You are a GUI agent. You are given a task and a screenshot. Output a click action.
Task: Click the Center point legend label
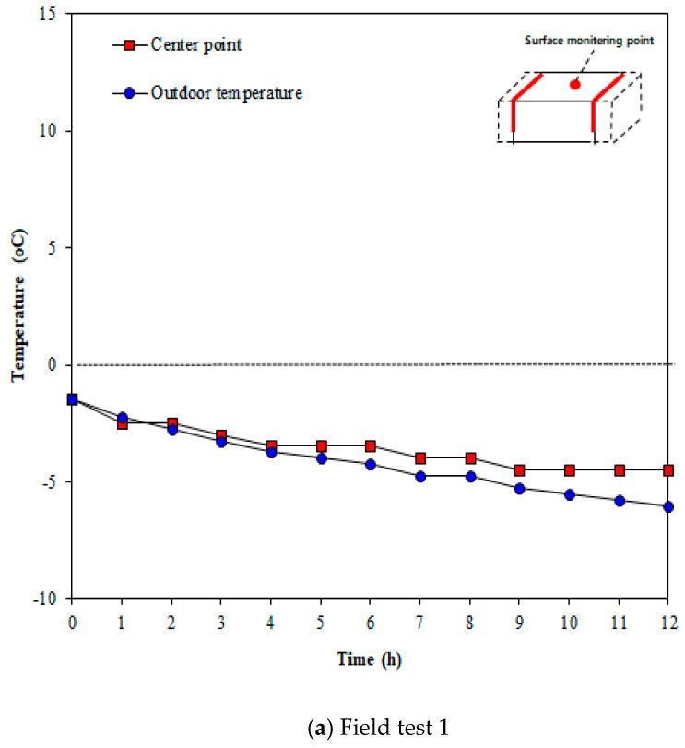[196, 44]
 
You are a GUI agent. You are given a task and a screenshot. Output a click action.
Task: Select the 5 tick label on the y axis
[53, 248]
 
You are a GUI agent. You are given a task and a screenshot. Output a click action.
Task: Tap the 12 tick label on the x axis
[668, 623]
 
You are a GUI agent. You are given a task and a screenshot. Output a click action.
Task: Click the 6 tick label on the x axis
[371, 623]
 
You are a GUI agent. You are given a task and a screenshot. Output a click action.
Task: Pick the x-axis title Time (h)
[369, 659]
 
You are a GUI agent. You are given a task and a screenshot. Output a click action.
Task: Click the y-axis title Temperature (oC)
[17, 306]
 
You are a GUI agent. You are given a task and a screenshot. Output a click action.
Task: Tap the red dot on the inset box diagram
[574, 84]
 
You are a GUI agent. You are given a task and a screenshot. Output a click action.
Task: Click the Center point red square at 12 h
[668, 470]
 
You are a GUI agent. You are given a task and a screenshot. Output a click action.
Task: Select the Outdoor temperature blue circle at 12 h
[668, 506]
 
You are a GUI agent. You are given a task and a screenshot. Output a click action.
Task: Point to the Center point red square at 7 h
[420, 458]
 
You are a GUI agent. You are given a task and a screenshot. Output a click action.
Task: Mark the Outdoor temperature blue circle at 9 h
[520, 489]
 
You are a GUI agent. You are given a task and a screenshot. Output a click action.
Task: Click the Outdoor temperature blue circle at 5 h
[321, 458]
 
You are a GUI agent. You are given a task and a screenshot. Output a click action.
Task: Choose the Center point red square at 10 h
[570, 470]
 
